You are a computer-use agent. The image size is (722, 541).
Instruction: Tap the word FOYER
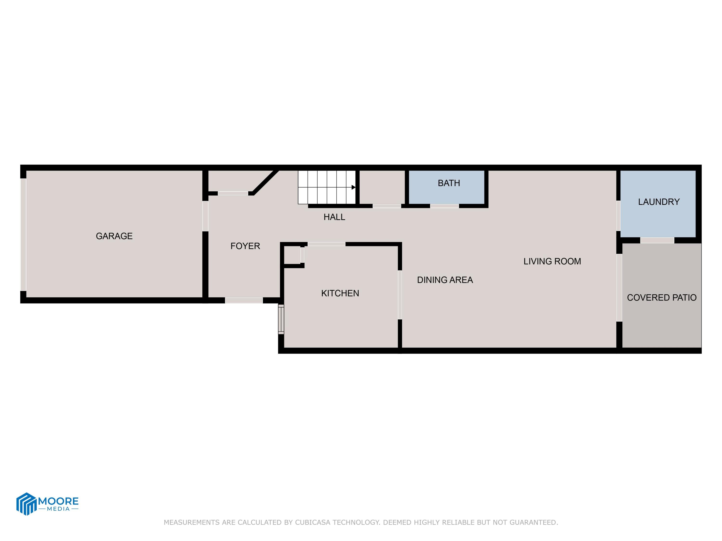point(245,246)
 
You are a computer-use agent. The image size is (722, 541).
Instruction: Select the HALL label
point(334,217)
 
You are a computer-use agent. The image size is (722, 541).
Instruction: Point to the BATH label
point(449,183)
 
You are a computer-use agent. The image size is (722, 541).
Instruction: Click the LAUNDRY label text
point(659,202)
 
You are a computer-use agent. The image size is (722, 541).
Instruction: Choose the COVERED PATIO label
point(662,298)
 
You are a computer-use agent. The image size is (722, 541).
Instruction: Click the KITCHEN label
point(340,294)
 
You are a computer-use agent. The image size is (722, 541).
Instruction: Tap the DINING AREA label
point(445,280)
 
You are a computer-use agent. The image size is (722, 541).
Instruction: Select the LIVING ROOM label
point(552,262)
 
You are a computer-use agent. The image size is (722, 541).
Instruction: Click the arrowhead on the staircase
point(353,187)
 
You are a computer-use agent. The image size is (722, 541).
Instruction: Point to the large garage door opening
point(23,234)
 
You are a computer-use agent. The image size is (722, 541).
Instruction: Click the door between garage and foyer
point(205,216)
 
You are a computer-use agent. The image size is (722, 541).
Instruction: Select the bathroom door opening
point(444,206)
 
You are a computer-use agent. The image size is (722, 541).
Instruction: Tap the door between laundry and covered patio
point(657,240)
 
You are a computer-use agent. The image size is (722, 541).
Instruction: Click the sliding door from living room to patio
point(619,288)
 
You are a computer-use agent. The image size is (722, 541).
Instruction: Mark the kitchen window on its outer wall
point(281,319)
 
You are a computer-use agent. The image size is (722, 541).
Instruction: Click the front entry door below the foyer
point(244,300)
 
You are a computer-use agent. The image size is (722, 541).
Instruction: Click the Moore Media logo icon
point(26,504)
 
